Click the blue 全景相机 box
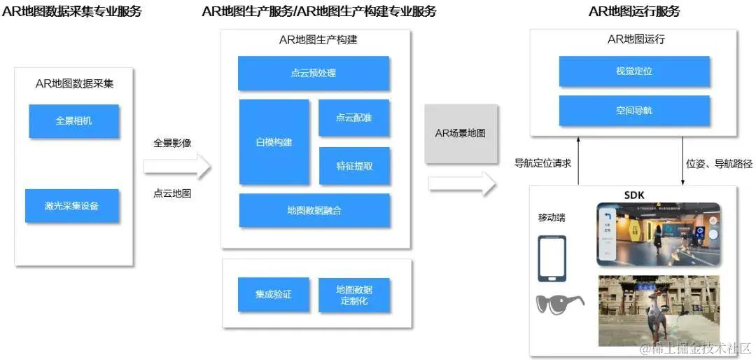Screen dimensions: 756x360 [x=73, y=121]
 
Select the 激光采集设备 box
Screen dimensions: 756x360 [x=72, y=206]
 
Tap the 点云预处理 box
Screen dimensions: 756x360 [x=314, y=73]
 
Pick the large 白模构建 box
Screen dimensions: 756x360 [x=274, y=142]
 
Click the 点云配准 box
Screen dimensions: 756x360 [x=354, y=118]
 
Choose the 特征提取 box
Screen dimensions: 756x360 [x=354, y=166]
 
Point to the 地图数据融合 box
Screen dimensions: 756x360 [x=314, y=211]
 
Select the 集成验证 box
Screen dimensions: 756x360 [x=273, y=295]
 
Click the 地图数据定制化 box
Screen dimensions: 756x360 [x=354, y=295]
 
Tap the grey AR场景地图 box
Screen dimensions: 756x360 [x=460, y=133]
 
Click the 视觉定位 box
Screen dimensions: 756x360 [x=633, y=71]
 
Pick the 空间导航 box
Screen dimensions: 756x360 [x=633, y=111]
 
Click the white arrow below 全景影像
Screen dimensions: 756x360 [x=177, y=166]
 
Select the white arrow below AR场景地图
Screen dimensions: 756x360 [x=463, y=184]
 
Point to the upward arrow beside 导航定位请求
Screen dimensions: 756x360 [x=579, y=160]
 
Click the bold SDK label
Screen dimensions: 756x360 [x=633, y=194]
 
